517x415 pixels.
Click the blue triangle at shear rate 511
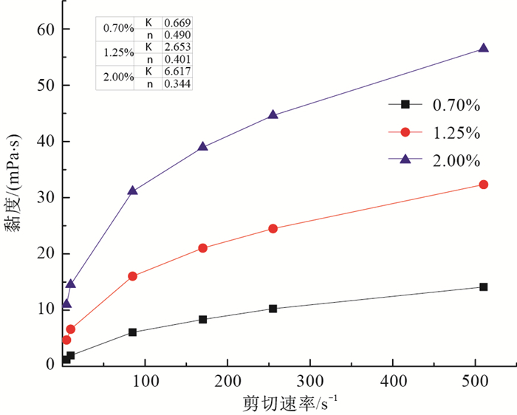[483, 48]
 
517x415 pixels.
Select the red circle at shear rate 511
[483, 185]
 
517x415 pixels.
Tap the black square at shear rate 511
[483, 287]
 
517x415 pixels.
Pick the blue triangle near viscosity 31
[132, 191]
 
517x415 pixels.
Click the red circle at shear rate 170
[202, 248]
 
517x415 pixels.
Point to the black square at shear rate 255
[273, 309]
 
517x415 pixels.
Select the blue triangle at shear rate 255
[273, 114]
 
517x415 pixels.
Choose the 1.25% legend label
[456, 133]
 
